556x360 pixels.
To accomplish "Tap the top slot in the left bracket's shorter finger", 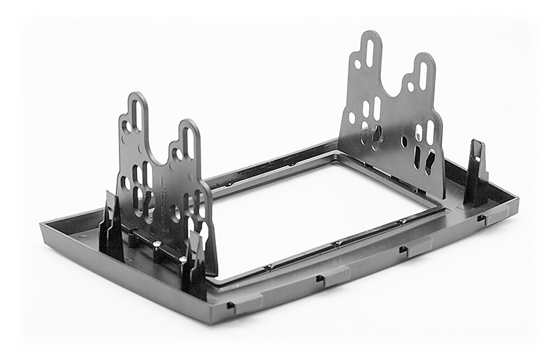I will coord(187,142).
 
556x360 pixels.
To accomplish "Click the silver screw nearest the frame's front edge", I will coord(183,259).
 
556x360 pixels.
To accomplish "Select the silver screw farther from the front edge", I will coord(157,244).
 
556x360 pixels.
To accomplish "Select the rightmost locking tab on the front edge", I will coord(482,219).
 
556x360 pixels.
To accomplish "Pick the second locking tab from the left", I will coord(321,279).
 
